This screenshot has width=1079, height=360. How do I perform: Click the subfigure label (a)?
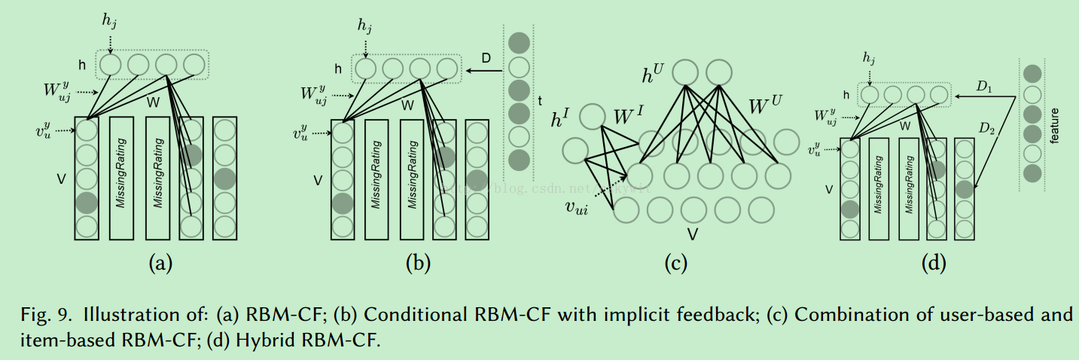click(161, 263)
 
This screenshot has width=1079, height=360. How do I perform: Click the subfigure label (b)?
click(418, 263)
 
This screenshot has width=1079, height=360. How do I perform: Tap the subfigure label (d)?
click(934, 263)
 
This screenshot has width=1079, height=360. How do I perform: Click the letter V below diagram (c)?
click(691, 235)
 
